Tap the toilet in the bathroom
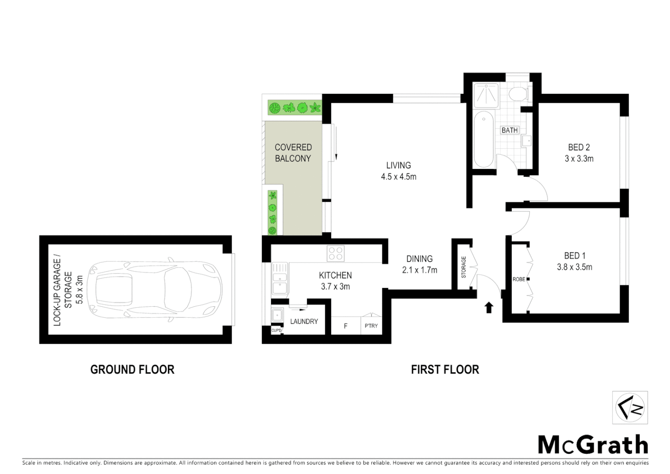[x=519, y=94]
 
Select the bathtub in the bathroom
[x=484, y=139]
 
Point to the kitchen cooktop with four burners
[x=335, y=254]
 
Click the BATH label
[x=510, y=130]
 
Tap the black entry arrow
[x=489, y=307]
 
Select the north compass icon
[x=630, y=407]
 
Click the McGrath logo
[x=593, y=445]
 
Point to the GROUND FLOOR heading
[x=132, y=370]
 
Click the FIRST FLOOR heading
[x=445, y=370]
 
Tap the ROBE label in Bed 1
[x=519, y=279]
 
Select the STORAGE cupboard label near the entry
[x=463, y=267]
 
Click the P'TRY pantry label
[x=371, y=326]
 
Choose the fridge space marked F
[x=346, y=326]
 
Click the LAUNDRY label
[x=304, y=322]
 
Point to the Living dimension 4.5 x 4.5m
[x=399, y=177]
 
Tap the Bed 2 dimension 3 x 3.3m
[x=579, y=159]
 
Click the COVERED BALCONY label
[x=293, y=153]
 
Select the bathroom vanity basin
[x=526, y=140]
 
